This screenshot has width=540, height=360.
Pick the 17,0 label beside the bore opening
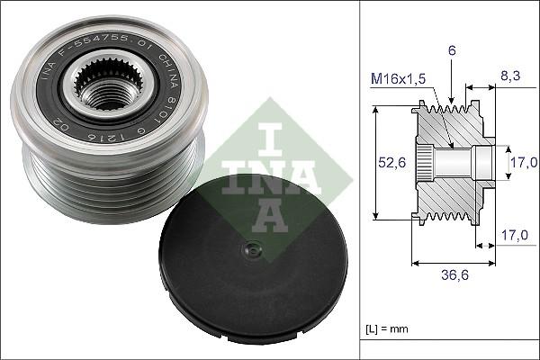pos(524,163)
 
